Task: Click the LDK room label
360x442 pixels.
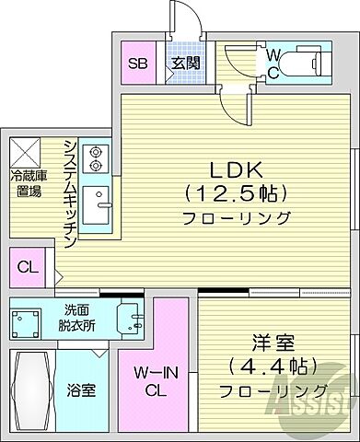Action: tap(238, 169)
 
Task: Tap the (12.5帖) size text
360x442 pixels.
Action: tap(238, 194)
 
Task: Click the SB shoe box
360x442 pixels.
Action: tap(137, 64)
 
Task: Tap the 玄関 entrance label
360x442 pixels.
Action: tap(180, 64)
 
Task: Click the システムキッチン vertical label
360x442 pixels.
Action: tap(69, 193)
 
